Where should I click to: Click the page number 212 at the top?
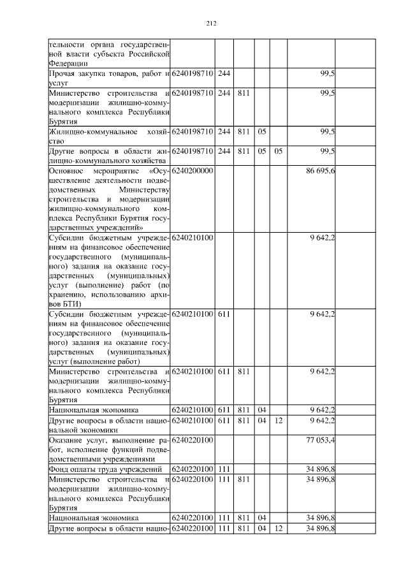[x=212, y=24]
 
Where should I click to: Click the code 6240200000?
[x=193, y=172]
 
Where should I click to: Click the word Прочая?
[x=63, y=75]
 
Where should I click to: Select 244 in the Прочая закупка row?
[x=224, y=75]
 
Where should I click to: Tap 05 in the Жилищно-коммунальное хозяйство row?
[x=261, y=132]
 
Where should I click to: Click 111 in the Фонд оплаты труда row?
[x=224, y=470]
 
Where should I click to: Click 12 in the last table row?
[x=278, y=529]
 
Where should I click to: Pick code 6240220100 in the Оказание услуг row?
[x=193, y=439]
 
